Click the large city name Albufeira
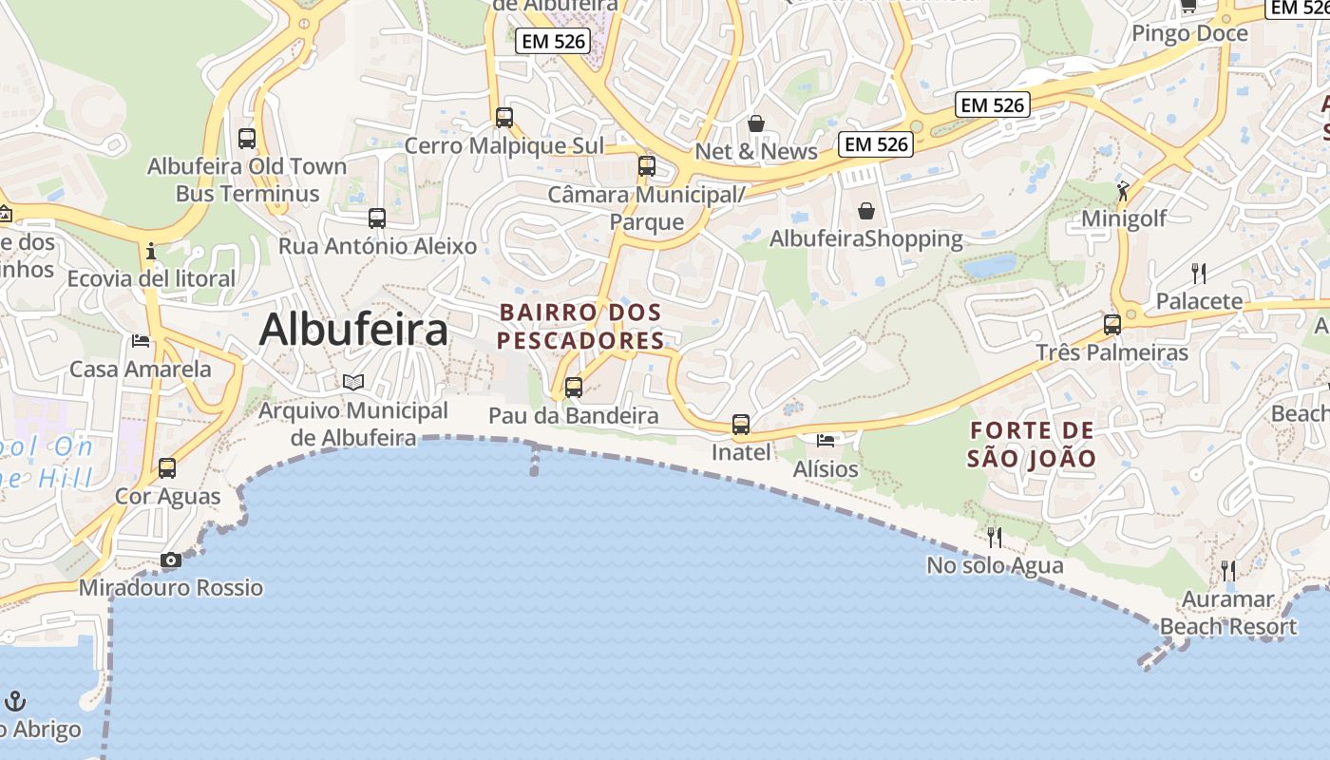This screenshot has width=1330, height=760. [x=353, y=330]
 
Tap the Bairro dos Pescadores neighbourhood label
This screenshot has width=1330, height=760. [x=580, y=326]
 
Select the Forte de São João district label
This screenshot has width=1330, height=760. [x=1032, y=445]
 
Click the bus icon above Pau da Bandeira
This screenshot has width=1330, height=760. [x=573, y=388]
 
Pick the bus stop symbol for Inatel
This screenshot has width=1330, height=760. [x=741, y=425]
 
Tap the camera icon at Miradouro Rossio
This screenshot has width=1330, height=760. [x=171, y=560]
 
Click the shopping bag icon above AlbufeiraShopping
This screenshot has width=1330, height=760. [x=866, y=210]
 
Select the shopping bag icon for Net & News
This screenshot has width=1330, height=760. [x=756, y=123]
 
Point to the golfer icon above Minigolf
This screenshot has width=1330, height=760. [x=1124, y=190]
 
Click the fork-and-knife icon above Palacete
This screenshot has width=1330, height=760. [x=1199, y=274]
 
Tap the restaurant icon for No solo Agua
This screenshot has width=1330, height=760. [x=995, y=538]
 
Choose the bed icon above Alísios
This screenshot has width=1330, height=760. [x=826, y=441]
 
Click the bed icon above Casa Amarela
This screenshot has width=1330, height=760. [x=141, y=340]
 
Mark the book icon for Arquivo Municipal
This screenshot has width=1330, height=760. [x=353, y=382]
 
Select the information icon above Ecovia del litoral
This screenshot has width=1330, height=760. [x=150, y=252]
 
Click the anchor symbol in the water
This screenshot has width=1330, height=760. [x=15, y=701]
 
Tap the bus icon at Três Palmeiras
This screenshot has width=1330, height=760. [x=1112, y=325]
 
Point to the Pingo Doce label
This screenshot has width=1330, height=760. [x=1188, y=34]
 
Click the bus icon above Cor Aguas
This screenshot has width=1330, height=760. [x=167, y=468]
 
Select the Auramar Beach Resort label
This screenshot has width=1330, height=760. [x=1228, y=613]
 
